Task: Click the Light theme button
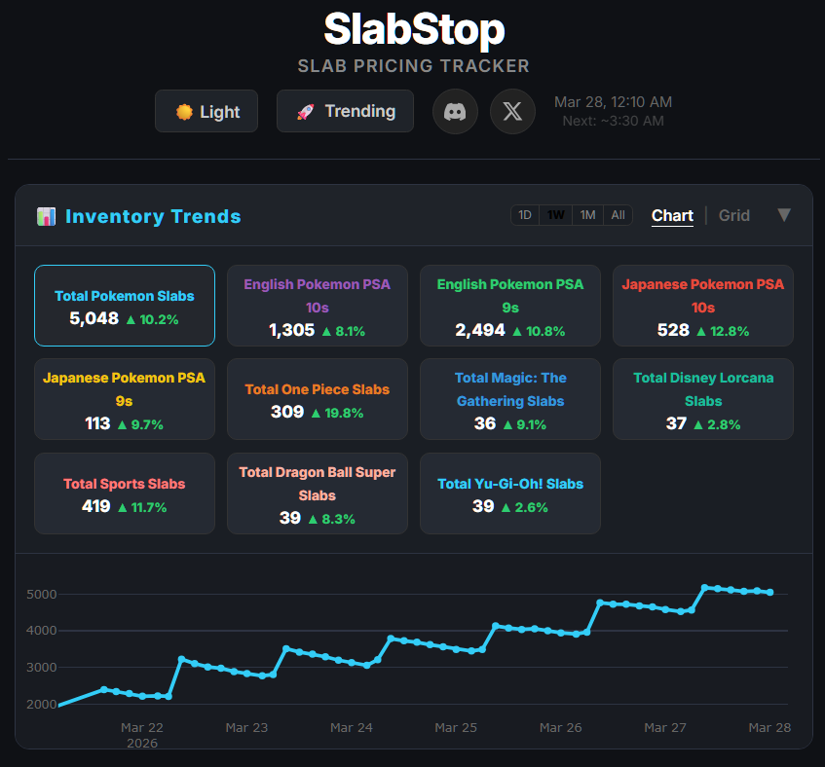206,111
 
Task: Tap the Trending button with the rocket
345,111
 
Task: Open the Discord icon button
455,111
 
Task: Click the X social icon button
512,111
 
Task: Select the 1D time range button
525,215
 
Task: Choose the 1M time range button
587,215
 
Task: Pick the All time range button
618,215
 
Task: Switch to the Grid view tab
734,215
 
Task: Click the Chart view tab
672,215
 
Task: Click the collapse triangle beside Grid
784,215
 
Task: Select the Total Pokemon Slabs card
125,306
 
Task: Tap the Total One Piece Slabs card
317,399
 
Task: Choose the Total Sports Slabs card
125,493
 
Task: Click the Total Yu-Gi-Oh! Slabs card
510,493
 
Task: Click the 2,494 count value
480,330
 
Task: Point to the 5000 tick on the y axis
41,594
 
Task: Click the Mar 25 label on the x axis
456,727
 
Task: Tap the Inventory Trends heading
153,216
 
